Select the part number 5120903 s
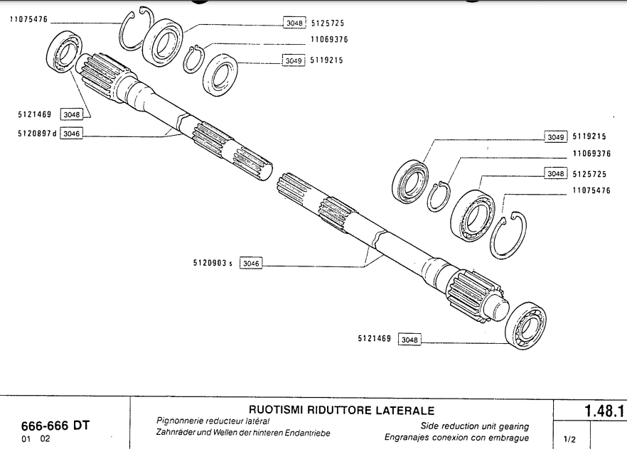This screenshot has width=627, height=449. coord(213,263)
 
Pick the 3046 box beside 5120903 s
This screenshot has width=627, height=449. coord(251,263)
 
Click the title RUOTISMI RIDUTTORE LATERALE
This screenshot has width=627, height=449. coord(341,411)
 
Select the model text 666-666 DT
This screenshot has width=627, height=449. coord(56,426)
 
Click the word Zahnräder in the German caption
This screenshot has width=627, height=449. coord(177,433)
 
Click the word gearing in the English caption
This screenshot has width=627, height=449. coord(512,426)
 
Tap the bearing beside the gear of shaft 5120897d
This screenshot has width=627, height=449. coord(62,51)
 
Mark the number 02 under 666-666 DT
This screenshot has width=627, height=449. coord(45,439)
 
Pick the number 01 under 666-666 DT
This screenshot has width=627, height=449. coord(26,439)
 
